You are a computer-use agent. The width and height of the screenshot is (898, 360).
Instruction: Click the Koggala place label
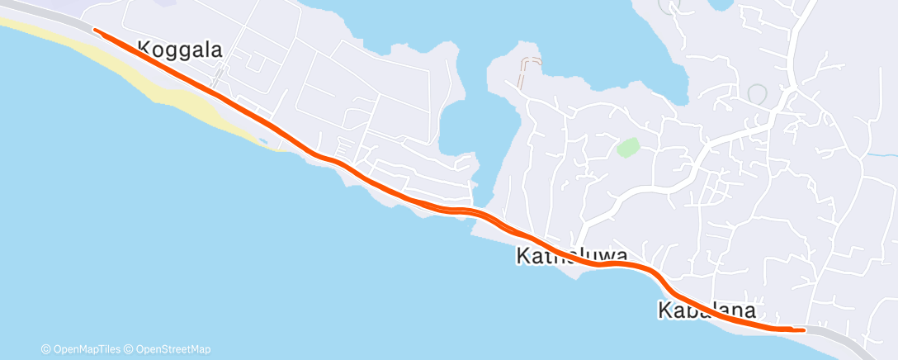pyautogui.click(x=180, y=50)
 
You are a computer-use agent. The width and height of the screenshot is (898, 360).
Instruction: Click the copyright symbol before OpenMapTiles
pyautogui.click(x=45, y=349)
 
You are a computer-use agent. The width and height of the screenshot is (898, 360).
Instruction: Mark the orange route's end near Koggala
pyautogui.click(x=96, y=31)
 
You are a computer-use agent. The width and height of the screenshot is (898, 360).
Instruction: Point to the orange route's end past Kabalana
pyautogui.click(x=803, y=329)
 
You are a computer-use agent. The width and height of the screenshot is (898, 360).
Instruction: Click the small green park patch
pyautogui.click(x=628, y=148)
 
